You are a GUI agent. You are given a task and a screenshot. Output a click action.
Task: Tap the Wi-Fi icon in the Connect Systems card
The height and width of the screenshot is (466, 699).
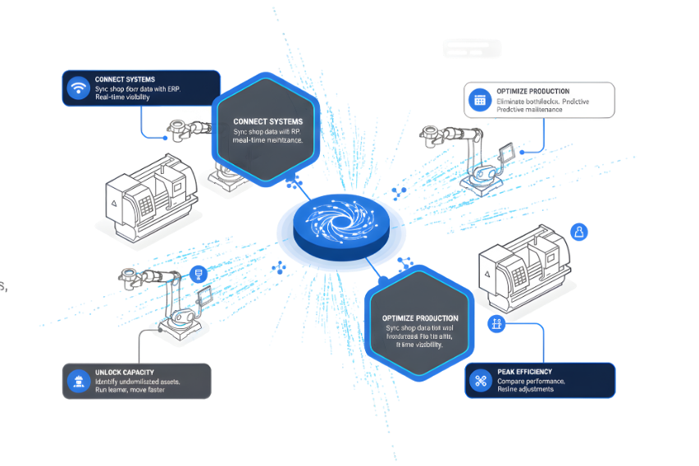79,87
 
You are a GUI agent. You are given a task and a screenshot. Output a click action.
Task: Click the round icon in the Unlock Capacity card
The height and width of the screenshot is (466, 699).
80,380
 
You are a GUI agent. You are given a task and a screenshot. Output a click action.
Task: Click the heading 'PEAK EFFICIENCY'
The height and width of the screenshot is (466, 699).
525,372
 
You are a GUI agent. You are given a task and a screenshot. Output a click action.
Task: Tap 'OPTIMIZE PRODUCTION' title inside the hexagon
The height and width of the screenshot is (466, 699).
420,318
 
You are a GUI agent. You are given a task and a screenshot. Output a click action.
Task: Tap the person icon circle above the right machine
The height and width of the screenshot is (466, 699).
579,232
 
